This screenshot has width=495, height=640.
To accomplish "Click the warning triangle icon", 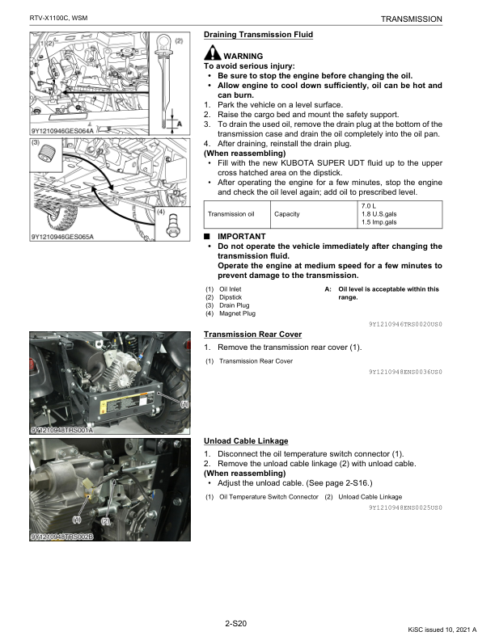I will (211, 53).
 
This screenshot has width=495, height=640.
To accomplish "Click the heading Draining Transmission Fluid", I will (258, 35).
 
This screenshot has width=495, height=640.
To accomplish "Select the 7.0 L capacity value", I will (368, 206).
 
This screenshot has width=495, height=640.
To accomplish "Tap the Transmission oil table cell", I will (231, 214).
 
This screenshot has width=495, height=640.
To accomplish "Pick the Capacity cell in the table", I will (287, 214).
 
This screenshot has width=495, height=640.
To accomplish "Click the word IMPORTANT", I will (242, 236).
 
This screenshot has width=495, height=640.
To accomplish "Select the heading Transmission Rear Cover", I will (252, 334).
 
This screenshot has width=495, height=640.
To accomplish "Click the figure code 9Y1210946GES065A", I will (62, 237).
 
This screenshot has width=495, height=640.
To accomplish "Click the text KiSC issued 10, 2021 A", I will (442, 629).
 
